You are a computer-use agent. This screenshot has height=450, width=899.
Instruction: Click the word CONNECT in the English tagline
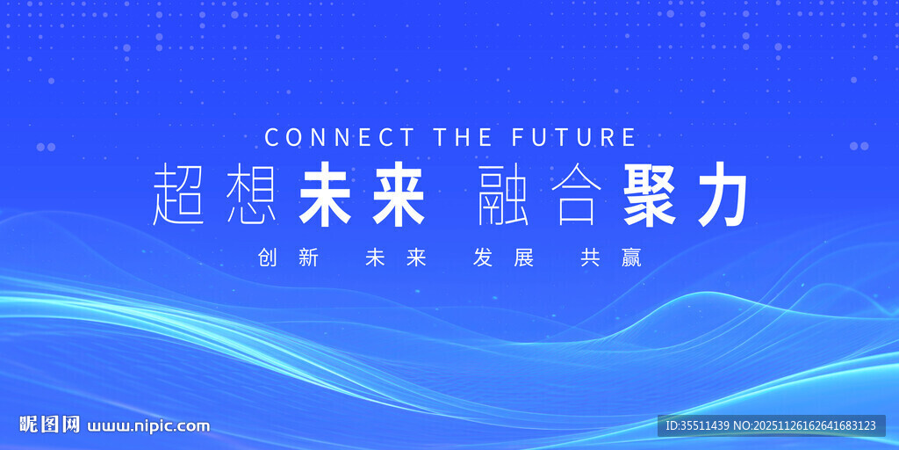[340, 138]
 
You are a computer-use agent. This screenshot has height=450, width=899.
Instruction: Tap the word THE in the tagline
[463, 138]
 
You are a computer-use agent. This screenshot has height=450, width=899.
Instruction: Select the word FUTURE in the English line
[574, 138]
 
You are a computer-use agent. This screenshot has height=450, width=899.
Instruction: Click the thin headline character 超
[178, 193]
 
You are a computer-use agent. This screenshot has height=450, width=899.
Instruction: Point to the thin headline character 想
[252, 193]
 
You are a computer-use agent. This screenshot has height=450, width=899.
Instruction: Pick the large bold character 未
[325, 193]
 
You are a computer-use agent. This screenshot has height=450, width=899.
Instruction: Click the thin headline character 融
[503, 193]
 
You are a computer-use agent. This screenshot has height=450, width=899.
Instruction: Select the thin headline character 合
[576, 193]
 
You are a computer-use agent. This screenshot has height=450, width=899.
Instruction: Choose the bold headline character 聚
[650, 193]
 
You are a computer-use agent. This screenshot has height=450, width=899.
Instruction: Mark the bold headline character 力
[723, 193]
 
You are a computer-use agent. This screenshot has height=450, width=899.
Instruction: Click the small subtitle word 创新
[288, 258]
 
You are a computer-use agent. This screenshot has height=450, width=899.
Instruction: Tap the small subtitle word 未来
[396, 258]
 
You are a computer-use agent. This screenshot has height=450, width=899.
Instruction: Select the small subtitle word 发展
[503, 258]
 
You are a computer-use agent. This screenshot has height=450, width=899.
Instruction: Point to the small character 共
[590, 258]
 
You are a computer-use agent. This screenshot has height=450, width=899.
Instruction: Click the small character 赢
[631, 258]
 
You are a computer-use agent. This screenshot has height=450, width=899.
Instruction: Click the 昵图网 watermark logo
[50, 425]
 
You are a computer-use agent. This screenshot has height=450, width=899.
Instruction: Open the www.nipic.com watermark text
[148, 426]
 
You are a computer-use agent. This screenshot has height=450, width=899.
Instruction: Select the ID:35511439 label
[698, 426]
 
